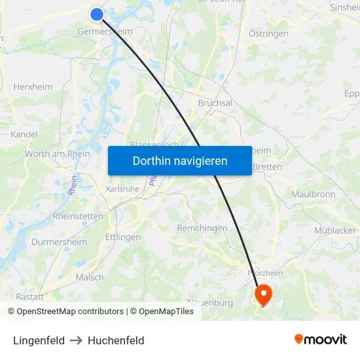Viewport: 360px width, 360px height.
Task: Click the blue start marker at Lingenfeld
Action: point(97,14)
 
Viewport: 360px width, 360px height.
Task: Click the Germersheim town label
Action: point(105,31)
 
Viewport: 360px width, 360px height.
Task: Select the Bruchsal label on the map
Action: point(215,103)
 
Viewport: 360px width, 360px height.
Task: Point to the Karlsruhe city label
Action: point(122,189)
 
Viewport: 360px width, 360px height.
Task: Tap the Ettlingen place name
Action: point(122,237)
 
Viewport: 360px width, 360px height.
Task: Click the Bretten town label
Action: point(267,167)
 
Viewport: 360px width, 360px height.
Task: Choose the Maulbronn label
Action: point(314,194)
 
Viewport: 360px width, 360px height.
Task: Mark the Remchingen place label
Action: point(202,228)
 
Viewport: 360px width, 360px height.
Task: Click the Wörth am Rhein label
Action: point(58,154)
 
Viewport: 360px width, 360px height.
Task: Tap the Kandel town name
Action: point(24,134)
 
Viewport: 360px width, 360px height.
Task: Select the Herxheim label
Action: point(33,87)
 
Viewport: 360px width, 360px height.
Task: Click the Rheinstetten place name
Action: point(78,216)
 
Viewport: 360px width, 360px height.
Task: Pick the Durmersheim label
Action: point(59,242)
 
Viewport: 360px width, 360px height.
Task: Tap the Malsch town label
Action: point(90,277)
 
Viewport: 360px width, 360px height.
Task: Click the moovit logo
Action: point(321,339)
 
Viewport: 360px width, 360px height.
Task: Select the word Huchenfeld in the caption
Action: point(116,340)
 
